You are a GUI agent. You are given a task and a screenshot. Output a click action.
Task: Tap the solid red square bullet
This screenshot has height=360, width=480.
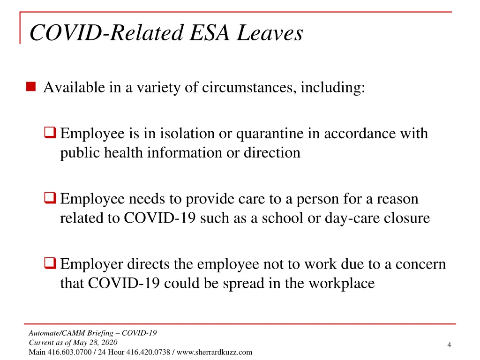pyautogui.click(x=31, y=87)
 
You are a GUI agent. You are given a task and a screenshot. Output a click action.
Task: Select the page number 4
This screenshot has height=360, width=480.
pyautogui.click(x=449, y=345)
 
